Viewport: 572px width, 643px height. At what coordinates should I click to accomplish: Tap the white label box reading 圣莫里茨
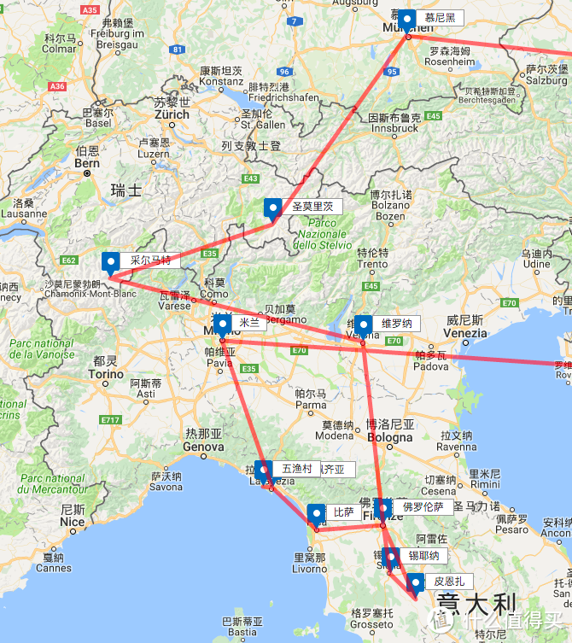point(312,207)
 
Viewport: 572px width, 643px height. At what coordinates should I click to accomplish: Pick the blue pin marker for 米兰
point(223,325)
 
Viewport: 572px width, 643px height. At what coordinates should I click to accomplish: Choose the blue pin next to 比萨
point(317,514)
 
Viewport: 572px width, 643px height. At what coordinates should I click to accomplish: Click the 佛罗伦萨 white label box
point(423,506)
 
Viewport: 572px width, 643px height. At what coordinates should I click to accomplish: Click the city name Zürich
point(172,114)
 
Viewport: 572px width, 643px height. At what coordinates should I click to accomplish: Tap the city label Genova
point(203,447)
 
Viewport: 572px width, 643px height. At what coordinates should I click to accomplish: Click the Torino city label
point(106,374)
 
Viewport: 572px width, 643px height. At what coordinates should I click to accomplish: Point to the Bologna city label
point(389,437)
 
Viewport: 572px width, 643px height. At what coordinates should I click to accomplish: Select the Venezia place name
point(464,332)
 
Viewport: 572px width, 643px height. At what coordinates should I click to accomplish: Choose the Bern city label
point(87,162)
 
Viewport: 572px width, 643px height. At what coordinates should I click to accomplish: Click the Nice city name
point(72,522)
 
